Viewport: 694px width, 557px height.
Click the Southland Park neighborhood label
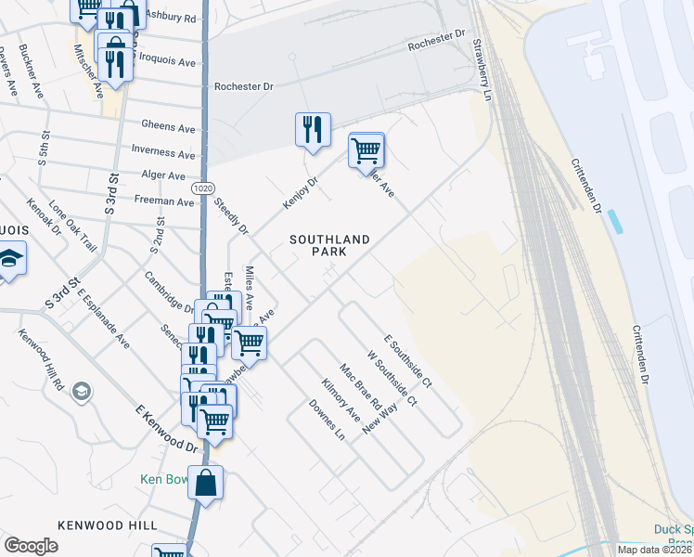click(x=329, y=246)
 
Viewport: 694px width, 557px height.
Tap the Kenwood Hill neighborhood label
click(x=108, y=525)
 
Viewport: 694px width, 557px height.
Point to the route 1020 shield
click(x=202, y=188)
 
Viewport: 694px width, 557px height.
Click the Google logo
click(x=32, y=546)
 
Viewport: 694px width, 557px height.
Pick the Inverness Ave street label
click(x=164, y=151)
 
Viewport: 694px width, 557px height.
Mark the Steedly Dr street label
click(x=232, y=216)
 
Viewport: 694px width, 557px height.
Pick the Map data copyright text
click(x=653, y=550)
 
